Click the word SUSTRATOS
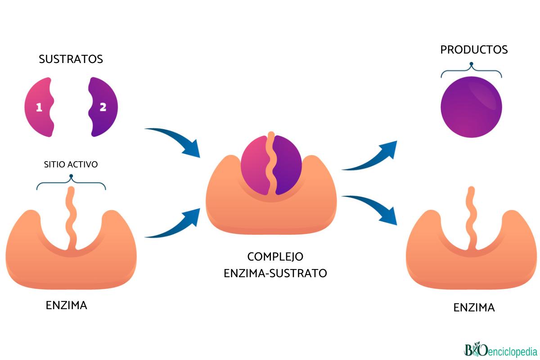[71, 59]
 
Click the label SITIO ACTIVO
[71, 164]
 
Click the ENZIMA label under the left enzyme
[67, 306]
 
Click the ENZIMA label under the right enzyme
[474, 308]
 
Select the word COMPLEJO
[275, 256]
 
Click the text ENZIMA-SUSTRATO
[275, 273]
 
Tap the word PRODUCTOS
[474, 49]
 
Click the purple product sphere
[471, 107]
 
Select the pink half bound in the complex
[255, 165]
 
